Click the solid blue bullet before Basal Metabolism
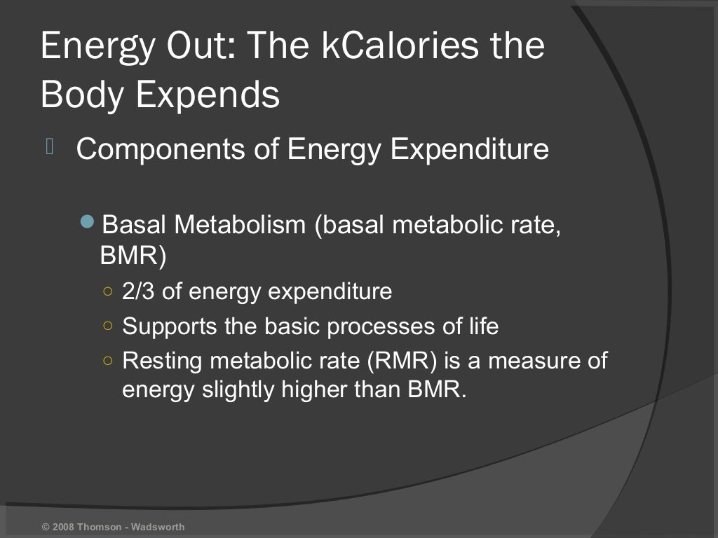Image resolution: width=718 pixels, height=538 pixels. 87,223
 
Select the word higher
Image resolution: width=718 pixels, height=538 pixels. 316,389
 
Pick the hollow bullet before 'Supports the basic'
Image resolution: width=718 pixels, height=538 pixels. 107,326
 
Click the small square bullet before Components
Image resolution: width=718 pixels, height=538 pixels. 50,146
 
